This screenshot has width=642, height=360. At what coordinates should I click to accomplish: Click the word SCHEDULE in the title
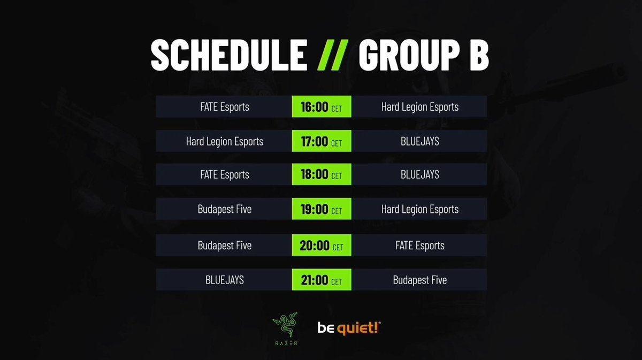228,55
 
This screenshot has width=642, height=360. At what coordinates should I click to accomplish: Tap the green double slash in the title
332,55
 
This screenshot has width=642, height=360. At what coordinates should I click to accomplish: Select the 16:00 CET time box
322,107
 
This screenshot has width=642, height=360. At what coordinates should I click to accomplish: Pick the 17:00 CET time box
322,141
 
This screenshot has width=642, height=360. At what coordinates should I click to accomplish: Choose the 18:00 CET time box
322,175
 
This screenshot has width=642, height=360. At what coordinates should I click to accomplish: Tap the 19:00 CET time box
322,209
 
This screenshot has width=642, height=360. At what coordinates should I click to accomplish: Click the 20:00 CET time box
322,246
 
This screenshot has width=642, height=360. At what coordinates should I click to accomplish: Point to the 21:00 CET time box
322,280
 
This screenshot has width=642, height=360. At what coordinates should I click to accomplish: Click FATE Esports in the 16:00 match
224,107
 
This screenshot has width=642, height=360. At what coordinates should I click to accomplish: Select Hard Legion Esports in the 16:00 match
420,107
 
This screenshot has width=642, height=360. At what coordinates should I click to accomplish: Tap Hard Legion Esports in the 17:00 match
224,141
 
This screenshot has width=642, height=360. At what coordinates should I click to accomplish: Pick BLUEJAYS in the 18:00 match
420,175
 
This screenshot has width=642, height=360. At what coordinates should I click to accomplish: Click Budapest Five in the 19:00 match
224,209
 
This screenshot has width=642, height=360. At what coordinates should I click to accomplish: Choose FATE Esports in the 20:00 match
420,246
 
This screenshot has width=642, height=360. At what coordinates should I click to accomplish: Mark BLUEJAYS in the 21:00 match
224,280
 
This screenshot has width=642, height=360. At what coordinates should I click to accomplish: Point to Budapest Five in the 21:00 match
420,280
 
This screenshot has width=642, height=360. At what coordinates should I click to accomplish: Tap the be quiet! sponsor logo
349,327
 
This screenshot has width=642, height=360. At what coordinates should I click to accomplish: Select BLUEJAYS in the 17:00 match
420,141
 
